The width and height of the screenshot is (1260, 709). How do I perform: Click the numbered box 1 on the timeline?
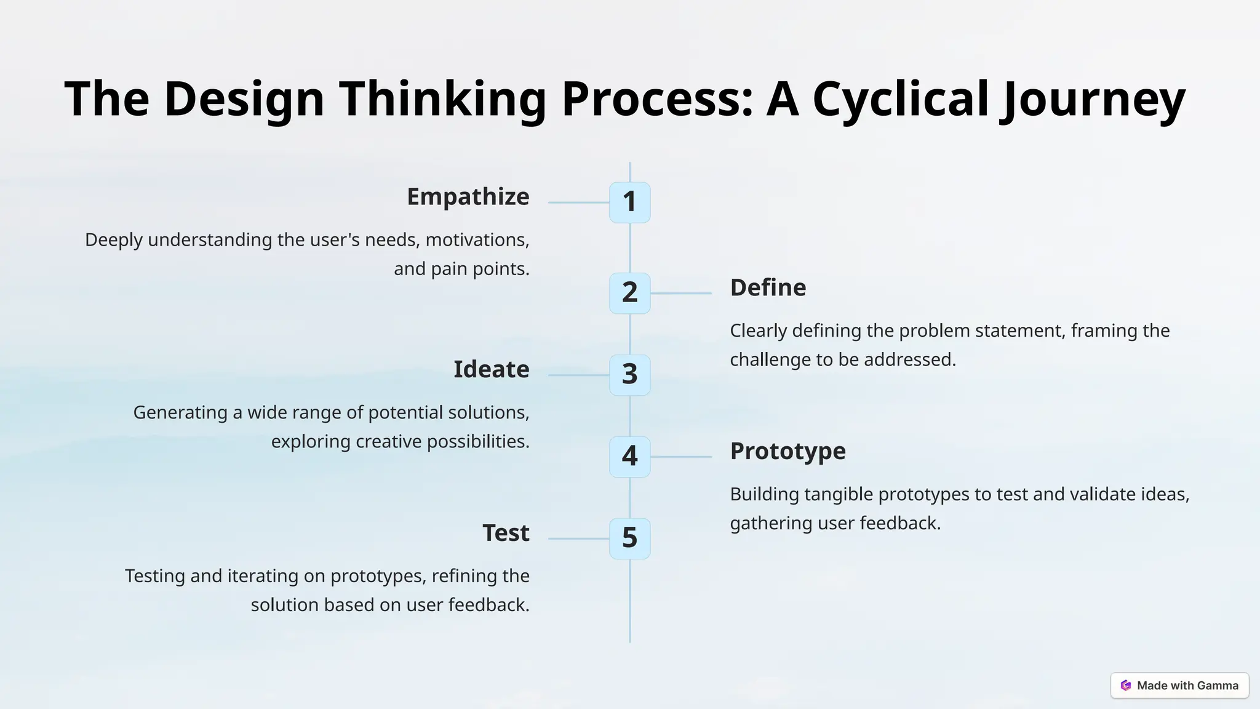(629, 202)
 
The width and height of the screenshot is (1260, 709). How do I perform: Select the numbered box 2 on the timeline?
(629, 293)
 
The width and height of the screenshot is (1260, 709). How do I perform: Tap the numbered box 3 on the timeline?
(629, 375)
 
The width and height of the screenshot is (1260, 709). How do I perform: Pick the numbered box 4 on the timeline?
(629, 457)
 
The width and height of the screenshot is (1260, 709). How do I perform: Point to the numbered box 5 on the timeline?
(629, 539)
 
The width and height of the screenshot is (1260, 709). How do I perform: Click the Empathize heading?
(468, 197)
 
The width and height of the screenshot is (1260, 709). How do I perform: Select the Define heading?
(768, 288)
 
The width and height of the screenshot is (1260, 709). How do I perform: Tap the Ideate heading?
(491, 370)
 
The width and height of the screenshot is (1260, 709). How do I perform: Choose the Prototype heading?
(787, 451)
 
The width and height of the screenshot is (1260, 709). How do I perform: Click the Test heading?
(506, 533)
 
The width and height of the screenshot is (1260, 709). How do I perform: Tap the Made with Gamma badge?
(1179, 685)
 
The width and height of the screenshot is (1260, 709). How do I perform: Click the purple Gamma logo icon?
(1126, 685)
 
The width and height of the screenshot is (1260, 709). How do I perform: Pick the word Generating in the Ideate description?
(180, 412)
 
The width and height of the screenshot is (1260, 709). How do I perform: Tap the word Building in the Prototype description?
(764, 494)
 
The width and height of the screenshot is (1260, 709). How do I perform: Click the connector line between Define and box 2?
(681, 294)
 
